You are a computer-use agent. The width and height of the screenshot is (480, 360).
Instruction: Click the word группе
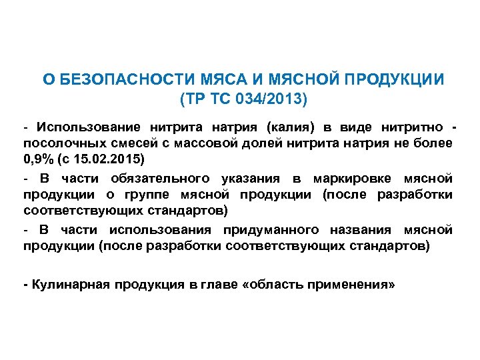149,195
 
